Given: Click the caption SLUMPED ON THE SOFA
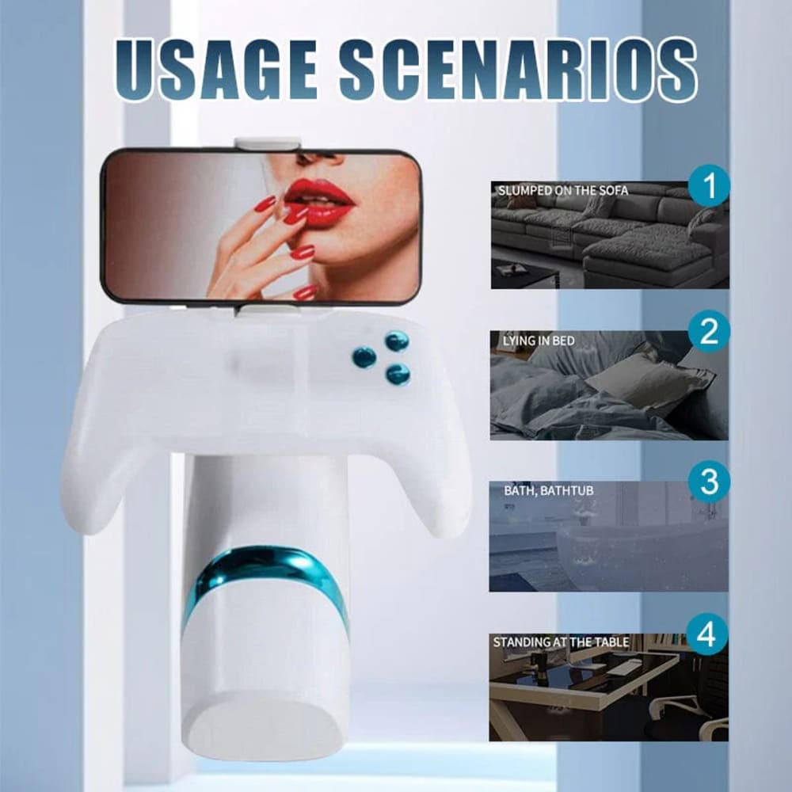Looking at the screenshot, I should click(562, 191).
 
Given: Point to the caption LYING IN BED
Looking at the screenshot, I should click(539, 341).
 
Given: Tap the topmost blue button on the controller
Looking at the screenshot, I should click(397, 341).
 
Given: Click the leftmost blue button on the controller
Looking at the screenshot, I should click(364, 357).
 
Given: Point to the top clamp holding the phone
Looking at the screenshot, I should click(267, 143).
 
